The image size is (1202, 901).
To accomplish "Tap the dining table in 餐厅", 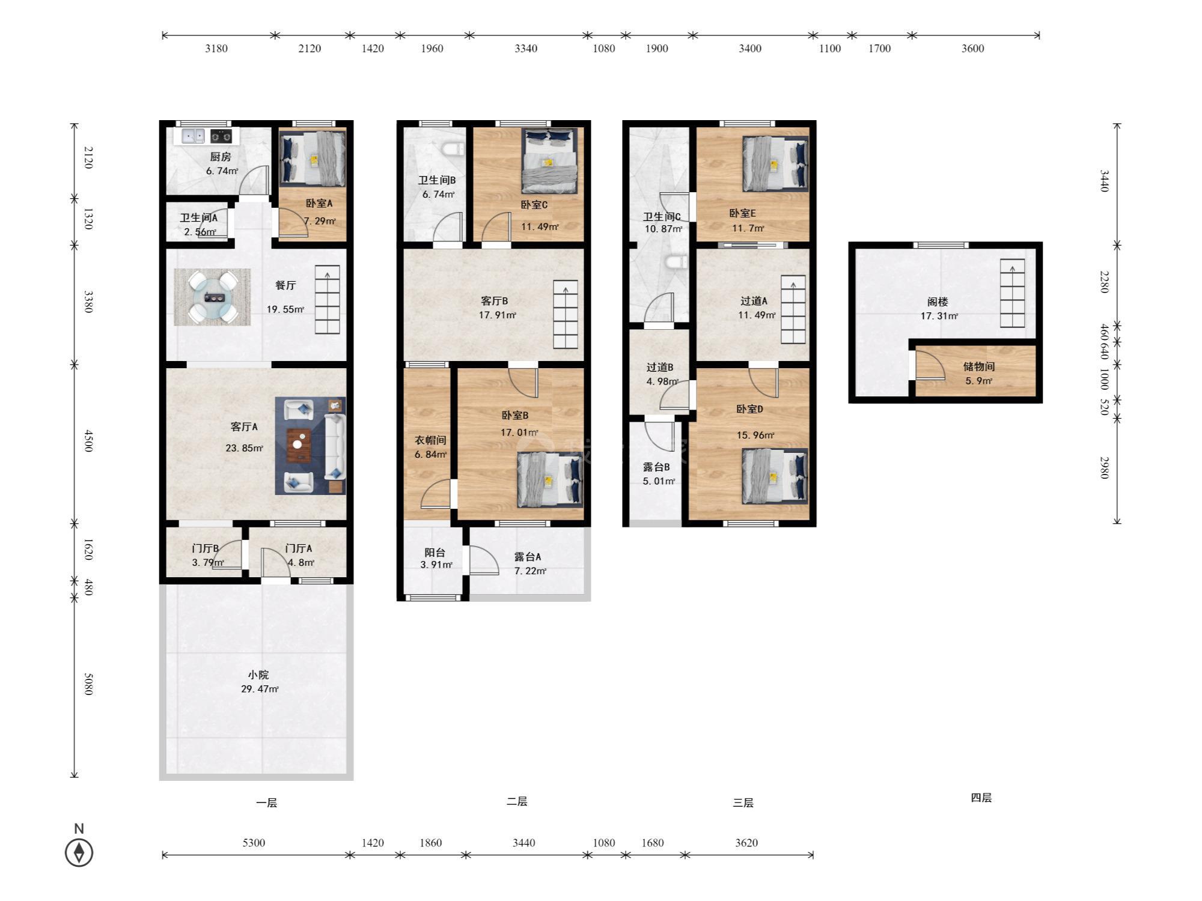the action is coord(213,297).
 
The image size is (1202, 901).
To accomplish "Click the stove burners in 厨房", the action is coord(221,136).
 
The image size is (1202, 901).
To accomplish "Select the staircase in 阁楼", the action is coord(1012,293).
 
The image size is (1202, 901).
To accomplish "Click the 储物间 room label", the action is coord(978,366).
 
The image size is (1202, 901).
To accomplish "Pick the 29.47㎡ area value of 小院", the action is coord(260,689).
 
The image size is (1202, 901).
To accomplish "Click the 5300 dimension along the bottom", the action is coord(254,843).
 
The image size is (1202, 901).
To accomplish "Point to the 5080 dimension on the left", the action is coord(88,684).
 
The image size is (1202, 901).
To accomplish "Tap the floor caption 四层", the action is coord(981,798).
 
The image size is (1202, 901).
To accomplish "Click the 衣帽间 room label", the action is coord(430,440).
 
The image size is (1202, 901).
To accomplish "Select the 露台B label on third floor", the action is coord(656,467).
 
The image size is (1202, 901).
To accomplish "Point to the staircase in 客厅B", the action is coord(566,315).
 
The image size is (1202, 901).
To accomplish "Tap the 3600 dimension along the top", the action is coord(972,49).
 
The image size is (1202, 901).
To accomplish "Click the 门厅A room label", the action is coord(299,548).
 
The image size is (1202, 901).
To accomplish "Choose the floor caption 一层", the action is coord(266,802).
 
